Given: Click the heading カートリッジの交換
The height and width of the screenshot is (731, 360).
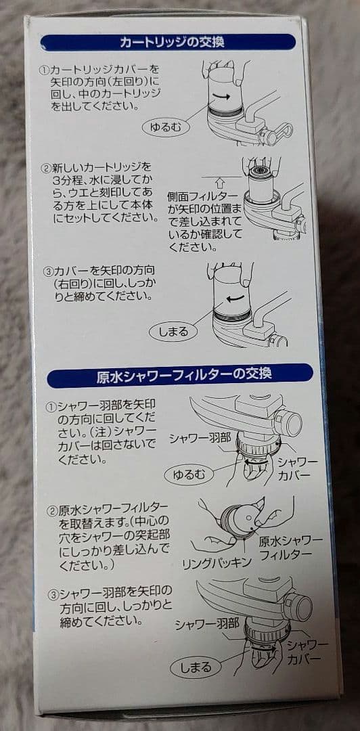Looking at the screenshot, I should (x=172, y=43).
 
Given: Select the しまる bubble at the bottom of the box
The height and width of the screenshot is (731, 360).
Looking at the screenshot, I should (x=194, y=667).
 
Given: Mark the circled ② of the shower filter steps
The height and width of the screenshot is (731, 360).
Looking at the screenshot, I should (x=50, y=508).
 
